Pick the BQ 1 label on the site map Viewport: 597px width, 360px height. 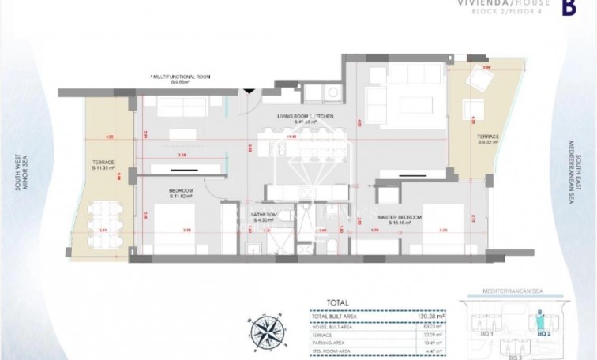click(x=478, y=334)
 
